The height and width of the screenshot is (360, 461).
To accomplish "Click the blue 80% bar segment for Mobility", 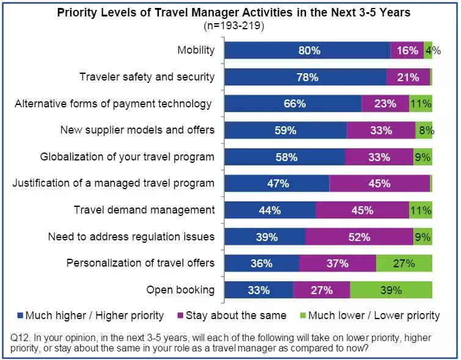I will coord(307,51).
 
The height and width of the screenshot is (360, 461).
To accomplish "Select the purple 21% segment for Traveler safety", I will coord(408,77).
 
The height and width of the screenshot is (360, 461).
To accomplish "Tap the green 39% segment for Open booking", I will coord(391,290).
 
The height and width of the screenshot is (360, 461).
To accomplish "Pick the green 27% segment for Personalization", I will coord(404,264).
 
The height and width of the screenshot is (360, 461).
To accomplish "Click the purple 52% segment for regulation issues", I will coord(359,237).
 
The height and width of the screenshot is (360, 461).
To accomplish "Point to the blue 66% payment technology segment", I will coord(293,104).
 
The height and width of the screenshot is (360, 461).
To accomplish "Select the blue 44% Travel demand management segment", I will coord(270,211).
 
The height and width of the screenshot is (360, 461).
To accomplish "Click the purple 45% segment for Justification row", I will coord(379,184).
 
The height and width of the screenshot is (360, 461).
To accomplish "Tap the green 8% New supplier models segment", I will coord(424,130).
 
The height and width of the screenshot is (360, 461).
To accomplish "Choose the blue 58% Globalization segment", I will coord(285,157).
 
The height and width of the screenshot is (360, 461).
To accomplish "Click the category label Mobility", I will coord(196,50).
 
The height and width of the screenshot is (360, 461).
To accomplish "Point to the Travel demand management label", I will coord(144,210).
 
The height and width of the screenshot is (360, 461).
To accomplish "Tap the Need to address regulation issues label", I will coord(131,237).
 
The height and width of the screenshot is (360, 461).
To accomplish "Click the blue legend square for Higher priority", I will coord(20,316).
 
